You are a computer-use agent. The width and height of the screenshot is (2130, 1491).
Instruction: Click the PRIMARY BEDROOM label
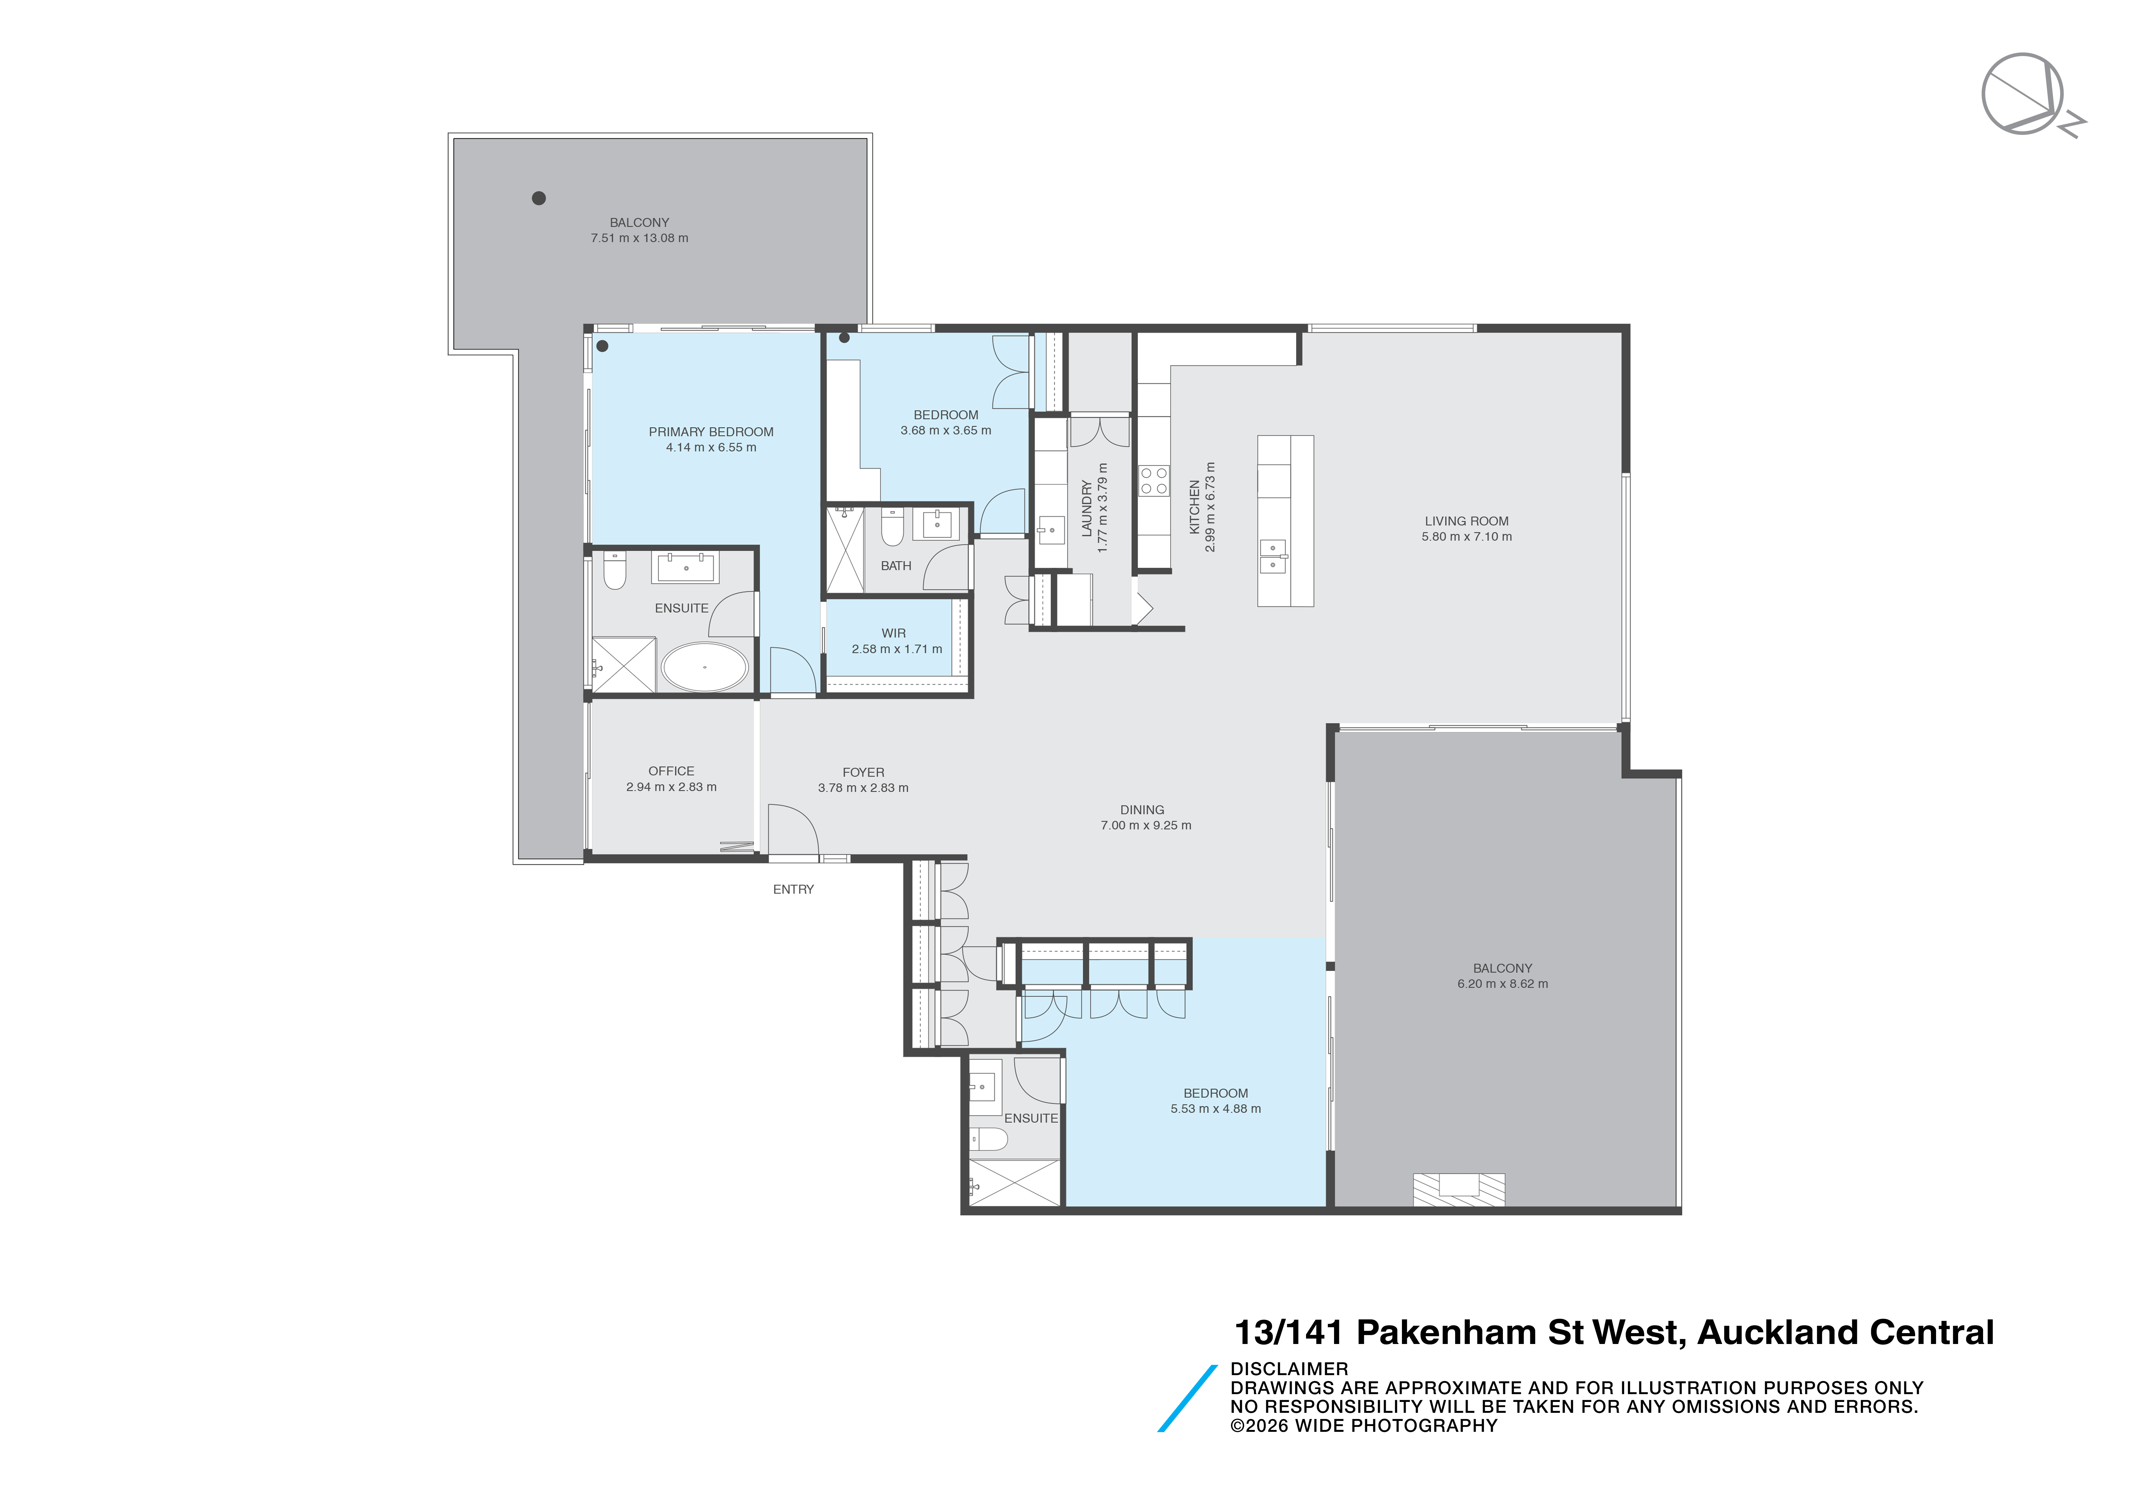click(x=711, y=431)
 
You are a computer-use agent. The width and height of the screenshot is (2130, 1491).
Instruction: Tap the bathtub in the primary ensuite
click(x=704, y=667)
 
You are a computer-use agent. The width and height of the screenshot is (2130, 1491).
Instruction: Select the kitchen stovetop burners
click(x=1154, y=481)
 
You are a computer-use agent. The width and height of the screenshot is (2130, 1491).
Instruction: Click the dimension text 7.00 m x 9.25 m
click(x=1146, y=825)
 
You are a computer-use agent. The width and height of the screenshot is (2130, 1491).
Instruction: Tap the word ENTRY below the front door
click(x=793, y=889)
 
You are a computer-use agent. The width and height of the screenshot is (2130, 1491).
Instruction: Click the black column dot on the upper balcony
click(x=538, y=197)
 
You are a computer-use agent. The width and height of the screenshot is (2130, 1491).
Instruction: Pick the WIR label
click(x=893, y=633)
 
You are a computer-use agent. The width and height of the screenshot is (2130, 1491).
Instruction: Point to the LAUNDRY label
click(x=1086, y=508)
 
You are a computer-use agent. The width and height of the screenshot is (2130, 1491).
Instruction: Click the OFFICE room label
click(x=671, y=771)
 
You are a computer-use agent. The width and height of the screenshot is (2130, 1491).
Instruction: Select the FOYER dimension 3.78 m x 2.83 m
click(x=863, y=788)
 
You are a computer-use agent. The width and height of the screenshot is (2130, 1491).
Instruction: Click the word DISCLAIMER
click(x=1289, y=1369)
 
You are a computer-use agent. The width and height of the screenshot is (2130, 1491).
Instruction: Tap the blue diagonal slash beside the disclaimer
click(x=1186, y=1398)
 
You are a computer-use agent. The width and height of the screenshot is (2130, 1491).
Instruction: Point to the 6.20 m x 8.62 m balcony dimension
click(x=1502, y=984)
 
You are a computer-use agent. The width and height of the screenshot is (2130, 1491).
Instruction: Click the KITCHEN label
click(x=1195, y=506)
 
